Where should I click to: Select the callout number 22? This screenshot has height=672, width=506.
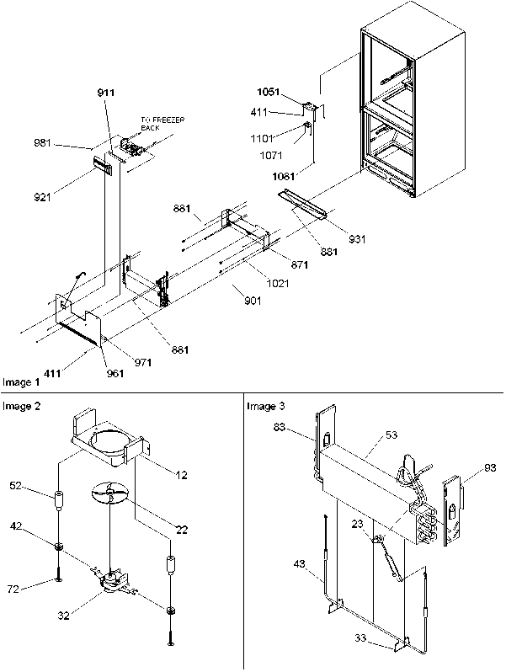click(181, 530)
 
